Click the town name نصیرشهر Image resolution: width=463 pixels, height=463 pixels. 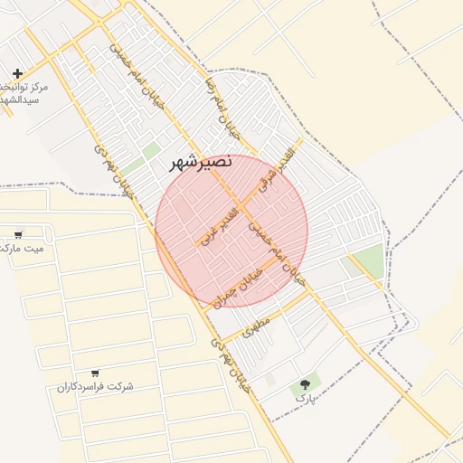201,163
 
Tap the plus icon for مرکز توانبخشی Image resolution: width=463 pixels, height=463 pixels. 18,73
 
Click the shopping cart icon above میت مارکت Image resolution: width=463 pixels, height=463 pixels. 18,234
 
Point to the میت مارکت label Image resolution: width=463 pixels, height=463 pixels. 20,248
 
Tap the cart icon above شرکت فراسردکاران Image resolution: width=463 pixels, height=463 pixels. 95,373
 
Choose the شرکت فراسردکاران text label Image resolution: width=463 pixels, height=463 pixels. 95,386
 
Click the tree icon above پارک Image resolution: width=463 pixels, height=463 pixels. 304,385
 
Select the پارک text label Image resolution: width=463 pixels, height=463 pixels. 306,398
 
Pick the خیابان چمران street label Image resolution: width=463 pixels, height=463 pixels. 238,288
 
